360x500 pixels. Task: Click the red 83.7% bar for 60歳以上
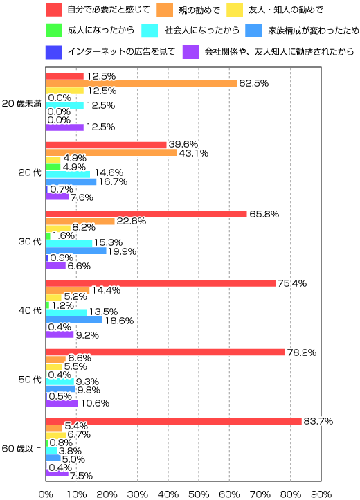point(173,421)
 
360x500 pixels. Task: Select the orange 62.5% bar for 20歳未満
point(141,83)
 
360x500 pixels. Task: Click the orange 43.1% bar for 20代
point(111,152)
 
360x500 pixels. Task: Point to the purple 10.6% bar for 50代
point(62,402)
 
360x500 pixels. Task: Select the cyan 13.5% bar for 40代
point(66,312)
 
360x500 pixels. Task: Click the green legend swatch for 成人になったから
point(55,30)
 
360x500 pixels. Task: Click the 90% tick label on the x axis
point(321,494)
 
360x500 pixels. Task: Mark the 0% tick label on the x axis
point(46,494)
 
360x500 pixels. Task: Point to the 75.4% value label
point(291,283)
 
